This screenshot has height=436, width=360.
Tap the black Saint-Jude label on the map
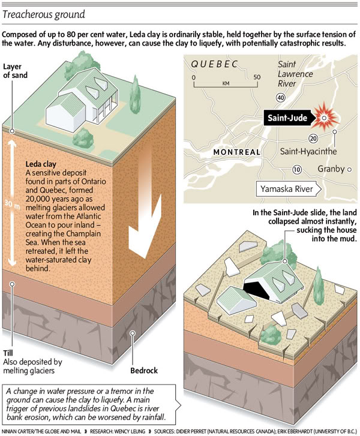[287, 118]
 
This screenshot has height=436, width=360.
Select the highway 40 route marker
[280, 97]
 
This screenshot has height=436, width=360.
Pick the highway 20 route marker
[313, 139]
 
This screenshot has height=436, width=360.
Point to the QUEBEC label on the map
[214, 64]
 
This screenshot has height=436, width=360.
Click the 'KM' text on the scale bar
[226, 83]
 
